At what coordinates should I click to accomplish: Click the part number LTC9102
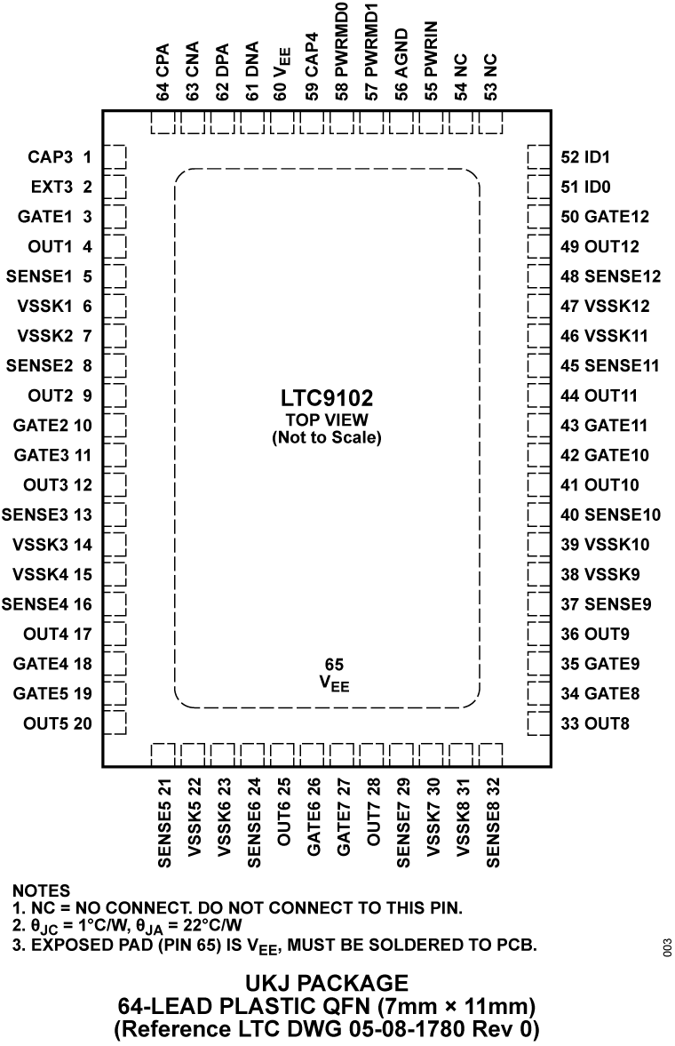click(327, 400)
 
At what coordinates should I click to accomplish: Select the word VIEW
click(346, 420)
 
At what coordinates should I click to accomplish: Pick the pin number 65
click(334, 665)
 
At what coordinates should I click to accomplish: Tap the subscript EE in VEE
click(341, 687)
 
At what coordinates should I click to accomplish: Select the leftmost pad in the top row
click(163, 123)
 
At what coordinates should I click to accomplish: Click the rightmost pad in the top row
click(491, 123)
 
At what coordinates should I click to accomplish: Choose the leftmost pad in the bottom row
click(163, 755)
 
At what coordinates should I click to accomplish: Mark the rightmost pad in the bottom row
click(491, 755)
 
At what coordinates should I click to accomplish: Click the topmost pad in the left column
click(115, 156)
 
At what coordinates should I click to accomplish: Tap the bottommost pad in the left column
click(115, 723)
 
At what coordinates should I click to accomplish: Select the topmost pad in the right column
click(538, 156)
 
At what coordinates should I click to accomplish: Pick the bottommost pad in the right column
click(538, 723)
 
